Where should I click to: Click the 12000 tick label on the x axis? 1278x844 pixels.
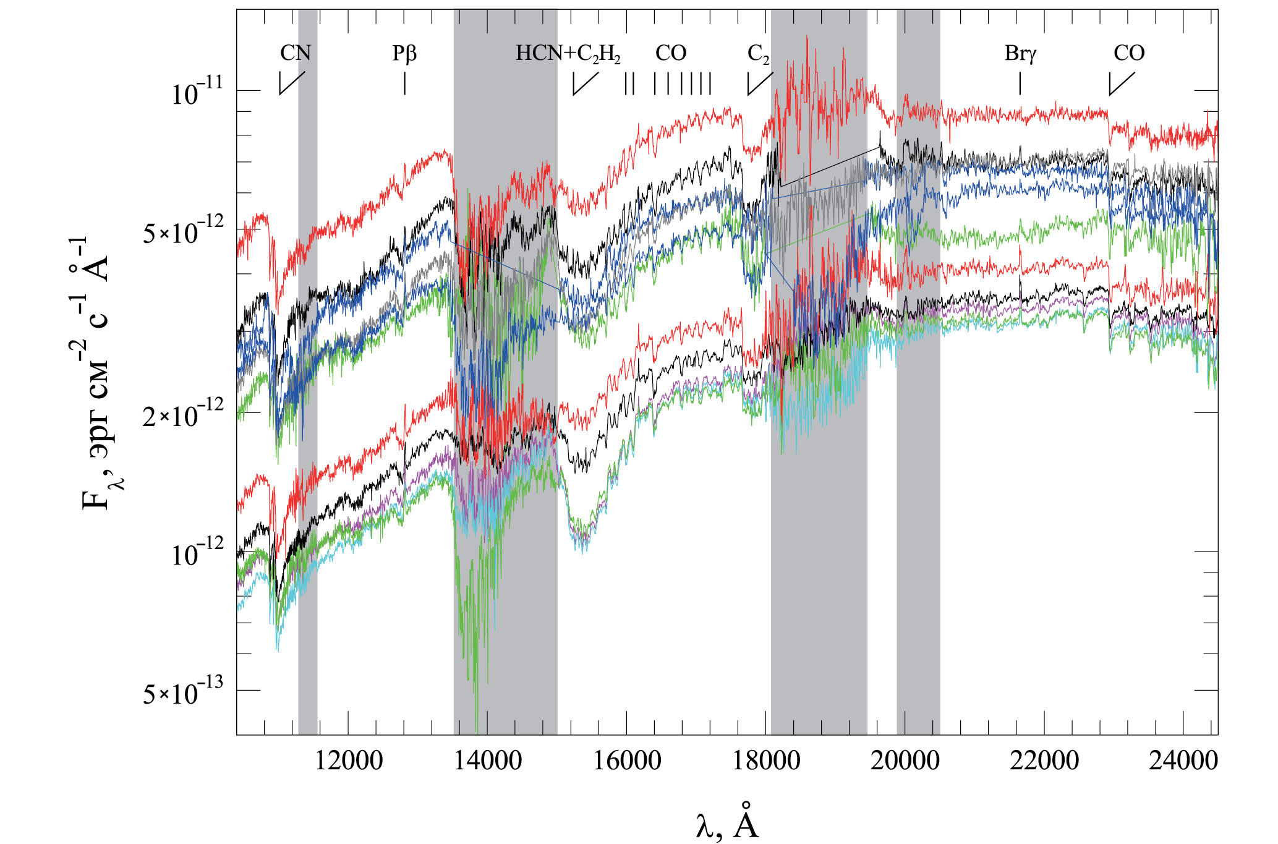tap(349, 760)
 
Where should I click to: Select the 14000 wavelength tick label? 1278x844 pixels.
tap(488, 760)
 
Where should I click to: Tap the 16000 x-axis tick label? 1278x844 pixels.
tap(627, 760)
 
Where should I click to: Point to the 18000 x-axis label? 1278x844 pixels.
tap(766, 760)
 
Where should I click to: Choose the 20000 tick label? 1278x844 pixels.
tap(905, 760)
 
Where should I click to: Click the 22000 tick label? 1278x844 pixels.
tap(1044, 760)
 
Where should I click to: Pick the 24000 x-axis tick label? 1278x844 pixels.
tap(1183, 760)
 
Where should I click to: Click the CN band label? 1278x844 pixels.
tap(296, 53)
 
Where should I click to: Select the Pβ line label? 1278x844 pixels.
tap(404, 54)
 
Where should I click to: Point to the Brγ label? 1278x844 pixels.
tap(1020, 54)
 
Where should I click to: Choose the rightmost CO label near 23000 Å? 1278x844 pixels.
tap(1129, 53)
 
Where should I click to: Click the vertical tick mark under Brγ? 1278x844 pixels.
tap(1020, 83)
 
